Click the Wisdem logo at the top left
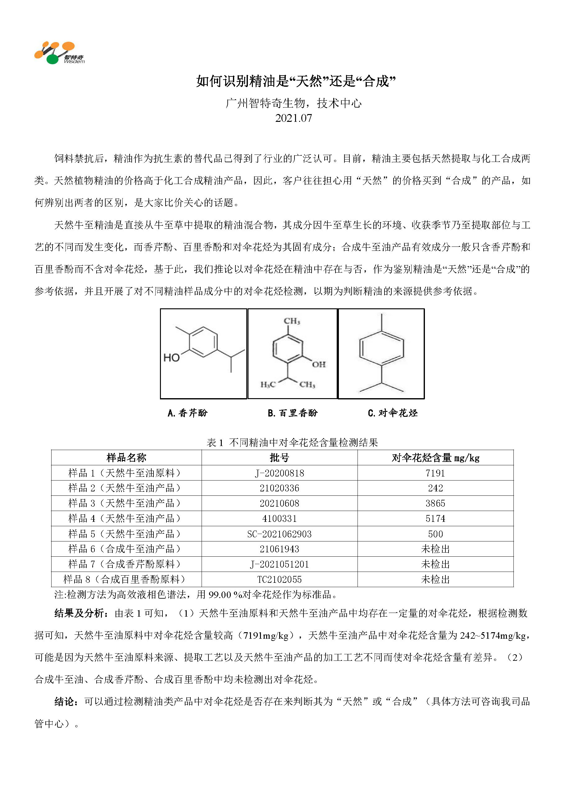point(59,53)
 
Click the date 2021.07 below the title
point(293,118)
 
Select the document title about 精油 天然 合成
point(296,81)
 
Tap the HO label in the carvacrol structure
point(171,357)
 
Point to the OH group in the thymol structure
point(319,364)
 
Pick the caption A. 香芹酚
point(187,413)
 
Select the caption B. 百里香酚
point(293,413)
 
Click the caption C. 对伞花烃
point(392,413)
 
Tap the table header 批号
point(279,458)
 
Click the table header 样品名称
point(126,458)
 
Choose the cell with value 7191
point(435,473)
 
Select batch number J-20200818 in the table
point(279,473)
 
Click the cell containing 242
point(435,488)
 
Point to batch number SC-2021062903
point(279,534)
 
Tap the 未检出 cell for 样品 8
point(435,579)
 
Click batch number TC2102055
point(279,579)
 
